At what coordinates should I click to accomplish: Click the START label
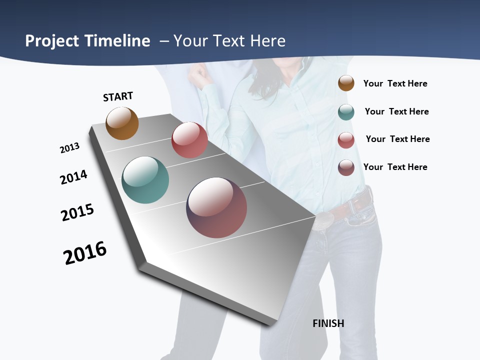click(x=118, y=96)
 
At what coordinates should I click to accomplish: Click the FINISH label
click(x=328, y=323)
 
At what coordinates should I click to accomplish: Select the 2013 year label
click(x=69, y=148)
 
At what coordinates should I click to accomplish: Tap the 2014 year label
click(x=73, y=177)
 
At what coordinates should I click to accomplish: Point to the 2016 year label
click(x=85, y=253)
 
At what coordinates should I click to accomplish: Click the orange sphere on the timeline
click(x=122, y=123)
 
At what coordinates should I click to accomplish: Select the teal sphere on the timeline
click(x=145, y=180)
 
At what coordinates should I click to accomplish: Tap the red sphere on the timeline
click(x=189, y=140)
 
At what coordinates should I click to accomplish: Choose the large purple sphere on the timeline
click(x=216, y=207)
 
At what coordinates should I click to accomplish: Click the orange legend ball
click(x=346, y=83)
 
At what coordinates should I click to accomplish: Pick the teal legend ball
click(x=346, y=112)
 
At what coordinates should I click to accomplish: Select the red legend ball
click(x=346, y=140)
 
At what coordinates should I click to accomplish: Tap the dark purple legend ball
click(x=346, y=167)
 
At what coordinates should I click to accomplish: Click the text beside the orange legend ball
click(x=395, y=83)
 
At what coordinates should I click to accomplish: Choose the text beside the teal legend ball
click(x=396, y=111)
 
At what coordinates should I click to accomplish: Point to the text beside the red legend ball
click(x=397, y=139)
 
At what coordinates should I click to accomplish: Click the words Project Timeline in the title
click(x=87, y=41)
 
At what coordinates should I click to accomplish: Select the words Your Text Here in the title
click(x=229, y=41)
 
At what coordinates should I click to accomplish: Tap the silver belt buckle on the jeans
click(x=322, y=220)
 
